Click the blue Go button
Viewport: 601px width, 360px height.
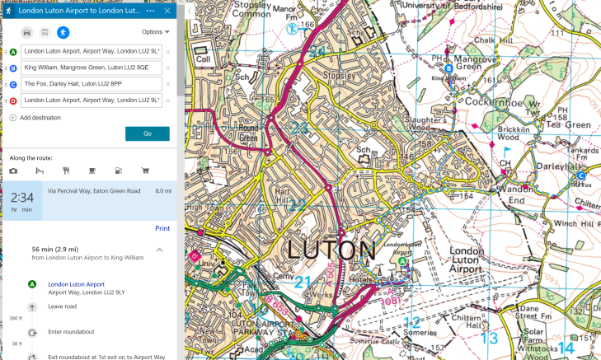pyautogui.click(x=147, y=133)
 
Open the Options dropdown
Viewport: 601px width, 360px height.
pyautogui.click(x=155, y=32)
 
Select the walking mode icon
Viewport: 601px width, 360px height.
pyautogui.click(x=63, y=32)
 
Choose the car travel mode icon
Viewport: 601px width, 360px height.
pyautogui.click(x=26, y=32)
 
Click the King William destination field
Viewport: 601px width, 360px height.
pyautogui.click(x=91, y=68)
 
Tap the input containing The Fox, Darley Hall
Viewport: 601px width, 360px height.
pyautogui.click(x=91, y=84)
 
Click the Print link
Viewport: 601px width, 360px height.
pyautogui.click(x=162, y=228)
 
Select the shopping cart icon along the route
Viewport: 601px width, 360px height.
pyautogui.click(x=145, y=171)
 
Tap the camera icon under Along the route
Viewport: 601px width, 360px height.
pyautogui.click(x=13, y=171)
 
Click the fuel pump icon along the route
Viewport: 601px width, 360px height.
pyautogui.click(x=119, y=171)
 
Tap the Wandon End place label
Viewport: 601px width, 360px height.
pyautogui.click(x=517, y=194)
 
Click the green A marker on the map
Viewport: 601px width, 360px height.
pyautogui.click(x=402, y=261)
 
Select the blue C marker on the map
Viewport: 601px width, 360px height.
pyautogui.click(x=580, y=175)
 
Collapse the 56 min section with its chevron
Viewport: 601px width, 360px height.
pyautogui.click(x=159, y=250)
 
